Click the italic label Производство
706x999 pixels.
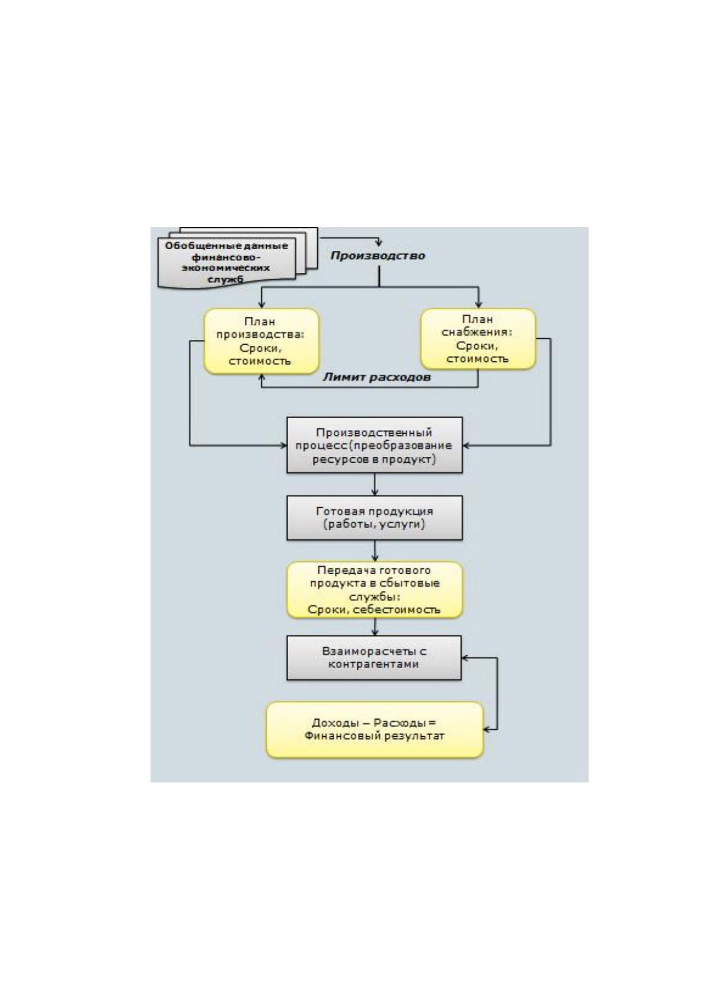point(378,256)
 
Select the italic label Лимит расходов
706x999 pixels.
point(376,377)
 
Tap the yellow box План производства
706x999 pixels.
point(261,341)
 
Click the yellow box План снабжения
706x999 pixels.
point(478,339)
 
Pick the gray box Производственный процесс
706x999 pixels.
point(375,445)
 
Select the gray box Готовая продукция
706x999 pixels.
point(375,518)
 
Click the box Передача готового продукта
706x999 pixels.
point(375,590)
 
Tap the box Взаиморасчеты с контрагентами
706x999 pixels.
point(374,658)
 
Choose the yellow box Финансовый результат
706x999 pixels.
point(375,730)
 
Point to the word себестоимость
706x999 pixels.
point(396,610)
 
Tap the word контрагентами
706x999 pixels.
point(373,664)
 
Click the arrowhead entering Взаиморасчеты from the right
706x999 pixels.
point(464,657)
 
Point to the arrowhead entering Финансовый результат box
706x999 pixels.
point(486,730)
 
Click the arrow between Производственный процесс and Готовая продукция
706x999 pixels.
point(375,484)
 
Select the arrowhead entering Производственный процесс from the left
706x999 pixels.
point(283,445)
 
